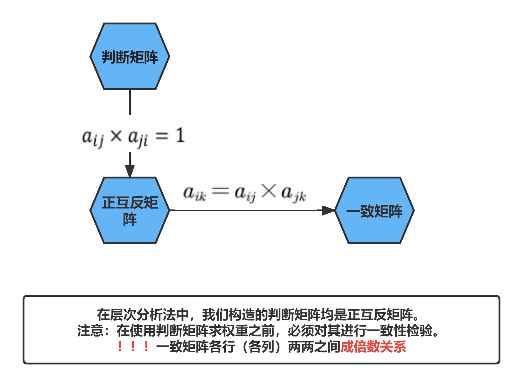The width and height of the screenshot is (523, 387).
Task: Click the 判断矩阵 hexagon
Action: click(130, 57)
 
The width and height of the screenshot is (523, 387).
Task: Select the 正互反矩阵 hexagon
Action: click(130, 210)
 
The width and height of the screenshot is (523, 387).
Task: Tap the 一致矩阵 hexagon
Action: click(374, 210)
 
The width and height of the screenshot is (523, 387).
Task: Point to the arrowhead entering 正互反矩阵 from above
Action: click(130, 171)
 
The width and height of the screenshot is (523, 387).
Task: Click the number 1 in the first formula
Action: click(180, 136)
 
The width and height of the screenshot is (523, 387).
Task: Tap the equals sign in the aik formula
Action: click(220, 191)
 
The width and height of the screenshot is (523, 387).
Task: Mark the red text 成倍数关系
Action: click(373, 347)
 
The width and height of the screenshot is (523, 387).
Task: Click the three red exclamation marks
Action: click(133, 347)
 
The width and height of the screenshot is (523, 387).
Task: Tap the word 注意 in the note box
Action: click(90, 331)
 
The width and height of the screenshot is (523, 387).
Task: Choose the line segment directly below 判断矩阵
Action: click(130, 102)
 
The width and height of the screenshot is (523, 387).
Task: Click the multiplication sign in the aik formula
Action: click(269, 191)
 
